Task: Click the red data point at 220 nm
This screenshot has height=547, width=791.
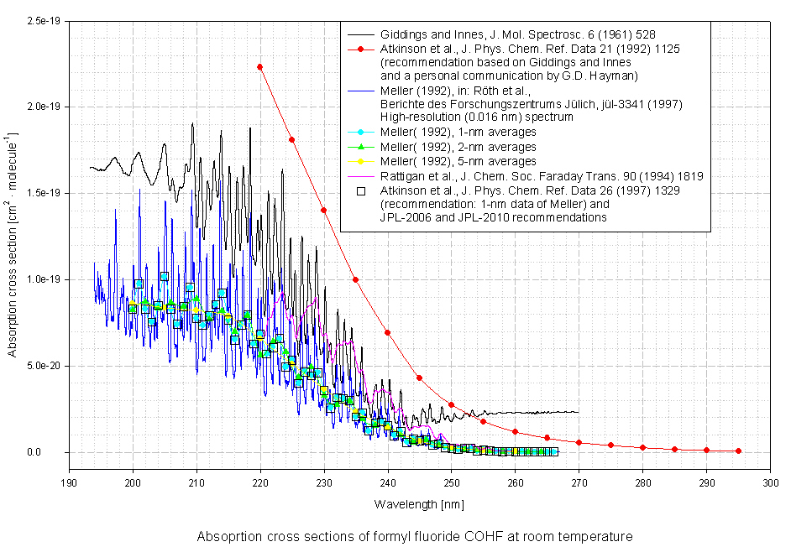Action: point(260,66)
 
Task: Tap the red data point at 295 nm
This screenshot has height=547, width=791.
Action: point(739,451)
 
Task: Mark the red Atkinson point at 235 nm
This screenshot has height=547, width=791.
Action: point(356,279)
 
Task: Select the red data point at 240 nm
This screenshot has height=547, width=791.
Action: point(388,332)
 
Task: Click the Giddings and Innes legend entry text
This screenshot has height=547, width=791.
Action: point(518,34)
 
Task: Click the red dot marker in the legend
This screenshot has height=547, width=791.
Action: point(360,49)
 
